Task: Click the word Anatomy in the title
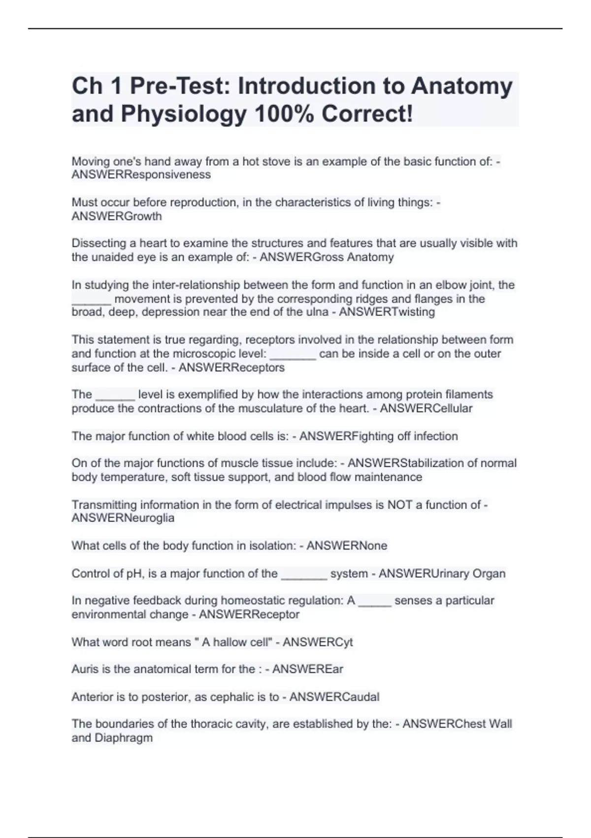pyautogui.click(x=461, y=87)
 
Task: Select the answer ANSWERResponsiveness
pyautogui.click(x=141, y=175)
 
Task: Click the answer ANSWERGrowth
pyautogui.click(x=116, y=216)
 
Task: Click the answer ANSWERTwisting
pyautogui.click(x=387, y=312)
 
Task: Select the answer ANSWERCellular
pyautogui.click(x=426, y=409)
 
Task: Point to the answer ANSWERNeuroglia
pyautogui.click(x=123, y=518)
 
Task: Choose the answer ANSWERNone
pyautogui.click(x=347, y=546)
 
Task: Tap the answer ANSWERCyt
pyautogui.click(x=318, y=642)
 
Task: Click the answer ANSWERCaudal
pyautogui.click(x=334, y=697)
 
